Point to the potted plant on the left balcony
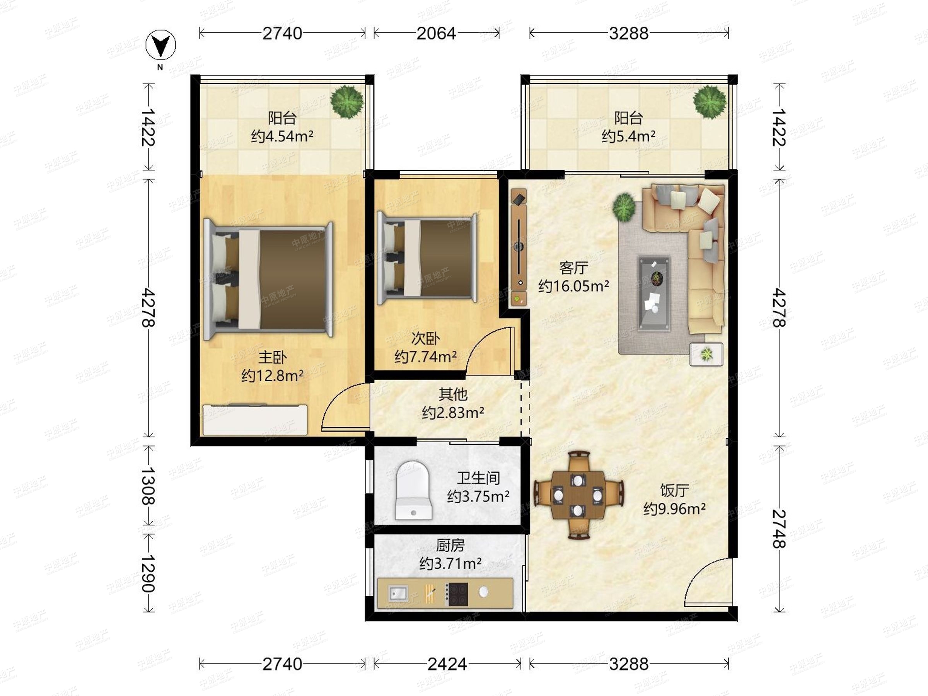346,102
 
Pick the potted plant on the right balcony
710,102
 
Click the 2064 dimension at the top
436,33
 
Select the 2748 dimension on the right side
779,529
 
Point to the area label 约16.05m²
573,286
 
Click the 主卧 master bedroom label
272,357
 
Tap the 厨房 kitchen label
450,545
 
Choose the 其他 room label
453,394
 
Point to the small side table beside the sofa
706,354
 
